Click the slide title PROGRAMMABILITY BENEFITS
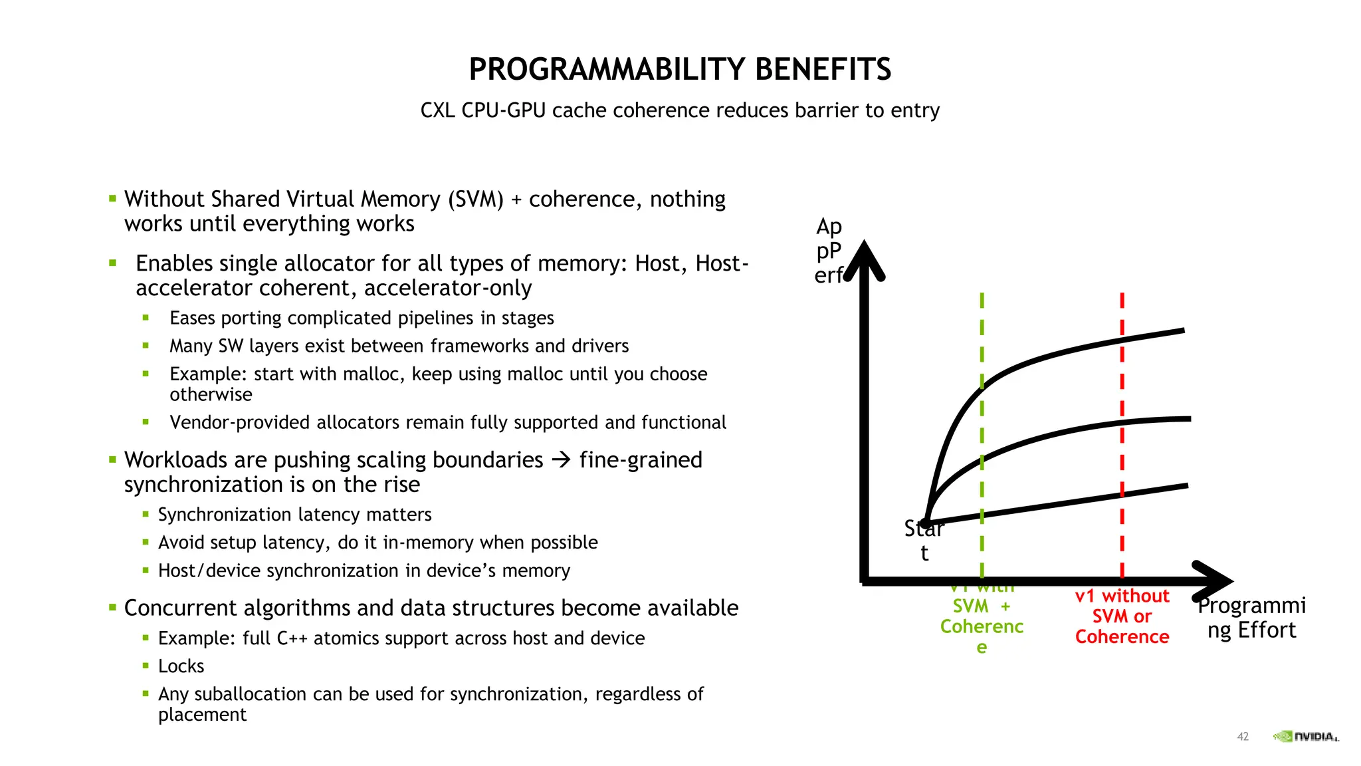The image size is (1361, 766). pyautogui.click(x=679, y=69)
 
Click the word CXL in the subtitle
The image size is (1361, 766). pyautogui.click(x=437, y=110)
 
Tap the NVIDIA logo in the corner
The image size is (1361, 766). pyautogui.click(x=1305, y=736)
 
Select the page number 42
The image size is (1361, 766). pyautogui.click(x=1243, y=736)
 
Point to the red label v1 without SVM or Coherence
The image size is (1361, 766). pyautogui.click(x=1122, y=616)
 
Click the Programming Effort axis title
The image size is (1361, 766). pyautogui.click(x=1251, y=617)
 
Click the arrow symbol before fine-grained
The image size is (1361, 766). pyautogui.click(x=562, y=459)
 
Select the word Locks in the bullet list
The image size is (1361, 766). pyautogui.click(x=181, y=666)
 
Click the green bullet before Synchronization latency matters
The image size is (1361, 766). pyautogui.click(x=146, y=514)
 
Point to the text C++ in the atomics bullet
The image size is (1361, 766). pyautogui.click(x=292, y=638)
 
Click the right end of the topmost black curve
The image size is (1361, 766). pyautogui.click(x=1182, y=330)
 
